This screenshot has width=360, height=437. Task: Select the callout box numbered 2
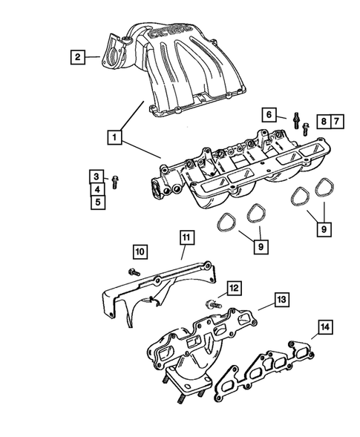point(75,54)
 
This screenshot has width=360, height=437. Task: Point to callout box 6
point(271,114)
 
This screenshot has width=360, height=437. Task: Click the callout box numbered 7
point(337,121)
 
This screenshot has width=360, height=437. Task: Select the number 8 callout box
point(323,121)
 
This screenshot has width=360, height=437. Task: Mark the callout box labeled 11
point(186,237)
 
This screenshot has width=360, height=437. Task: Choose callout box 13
point(281,299)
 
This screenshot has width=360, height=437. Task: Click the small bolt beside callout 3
point(117,180)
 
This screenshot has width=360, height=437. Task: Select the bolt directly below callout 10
point(134,272)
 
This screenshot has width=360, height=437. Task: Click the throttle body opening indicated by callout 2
point(112,53)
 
